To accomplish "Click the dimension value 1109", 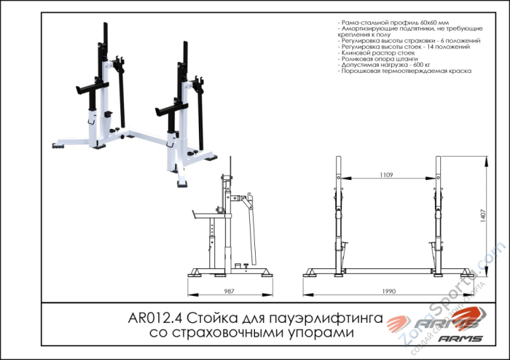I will tap(387, 175).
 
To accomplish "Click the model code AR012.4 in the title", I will tap(156, 318).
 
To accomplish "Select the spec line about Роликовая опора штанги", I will tap(379, 60).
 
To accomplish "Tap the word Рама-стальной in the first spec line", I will tap(362, 23).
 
